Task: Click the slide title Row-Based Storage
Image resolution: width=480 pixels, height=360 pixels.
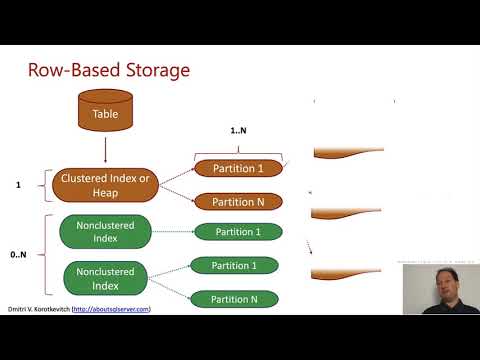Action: click(x=107, y=71)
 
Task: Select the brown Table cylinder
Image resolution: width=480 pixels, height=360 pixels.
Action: click(x=105, y=111)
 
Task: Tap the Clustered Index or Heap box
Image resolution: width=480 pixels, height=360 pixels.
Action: click(x=105, y=185)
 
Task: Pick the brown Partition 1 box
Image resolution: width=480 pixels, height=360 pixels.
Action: click(x=238, y=168)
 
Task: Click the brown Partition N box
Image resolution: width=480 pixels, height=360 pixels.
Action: click(x=238, y=201)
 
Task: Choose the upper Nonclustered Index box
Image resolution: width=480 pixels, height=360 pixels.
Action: click(x=105, y=232)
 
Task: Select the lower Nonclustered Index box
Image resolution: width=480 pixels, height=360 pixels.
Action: click(x=105, y=277)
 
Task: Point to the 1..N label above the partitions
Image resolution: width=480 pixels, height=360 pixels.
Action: click(x=238, y=132)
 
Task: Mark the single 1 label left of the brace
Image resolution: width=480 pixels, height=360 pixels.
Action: click(x=19, y=185)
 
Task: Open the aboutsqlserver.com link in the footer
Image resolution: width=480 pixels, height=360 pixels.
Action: click(x=117, y=309)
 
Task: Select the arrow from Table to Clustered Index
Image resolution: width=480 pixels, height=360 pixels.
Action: click(x=105, y=151)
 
